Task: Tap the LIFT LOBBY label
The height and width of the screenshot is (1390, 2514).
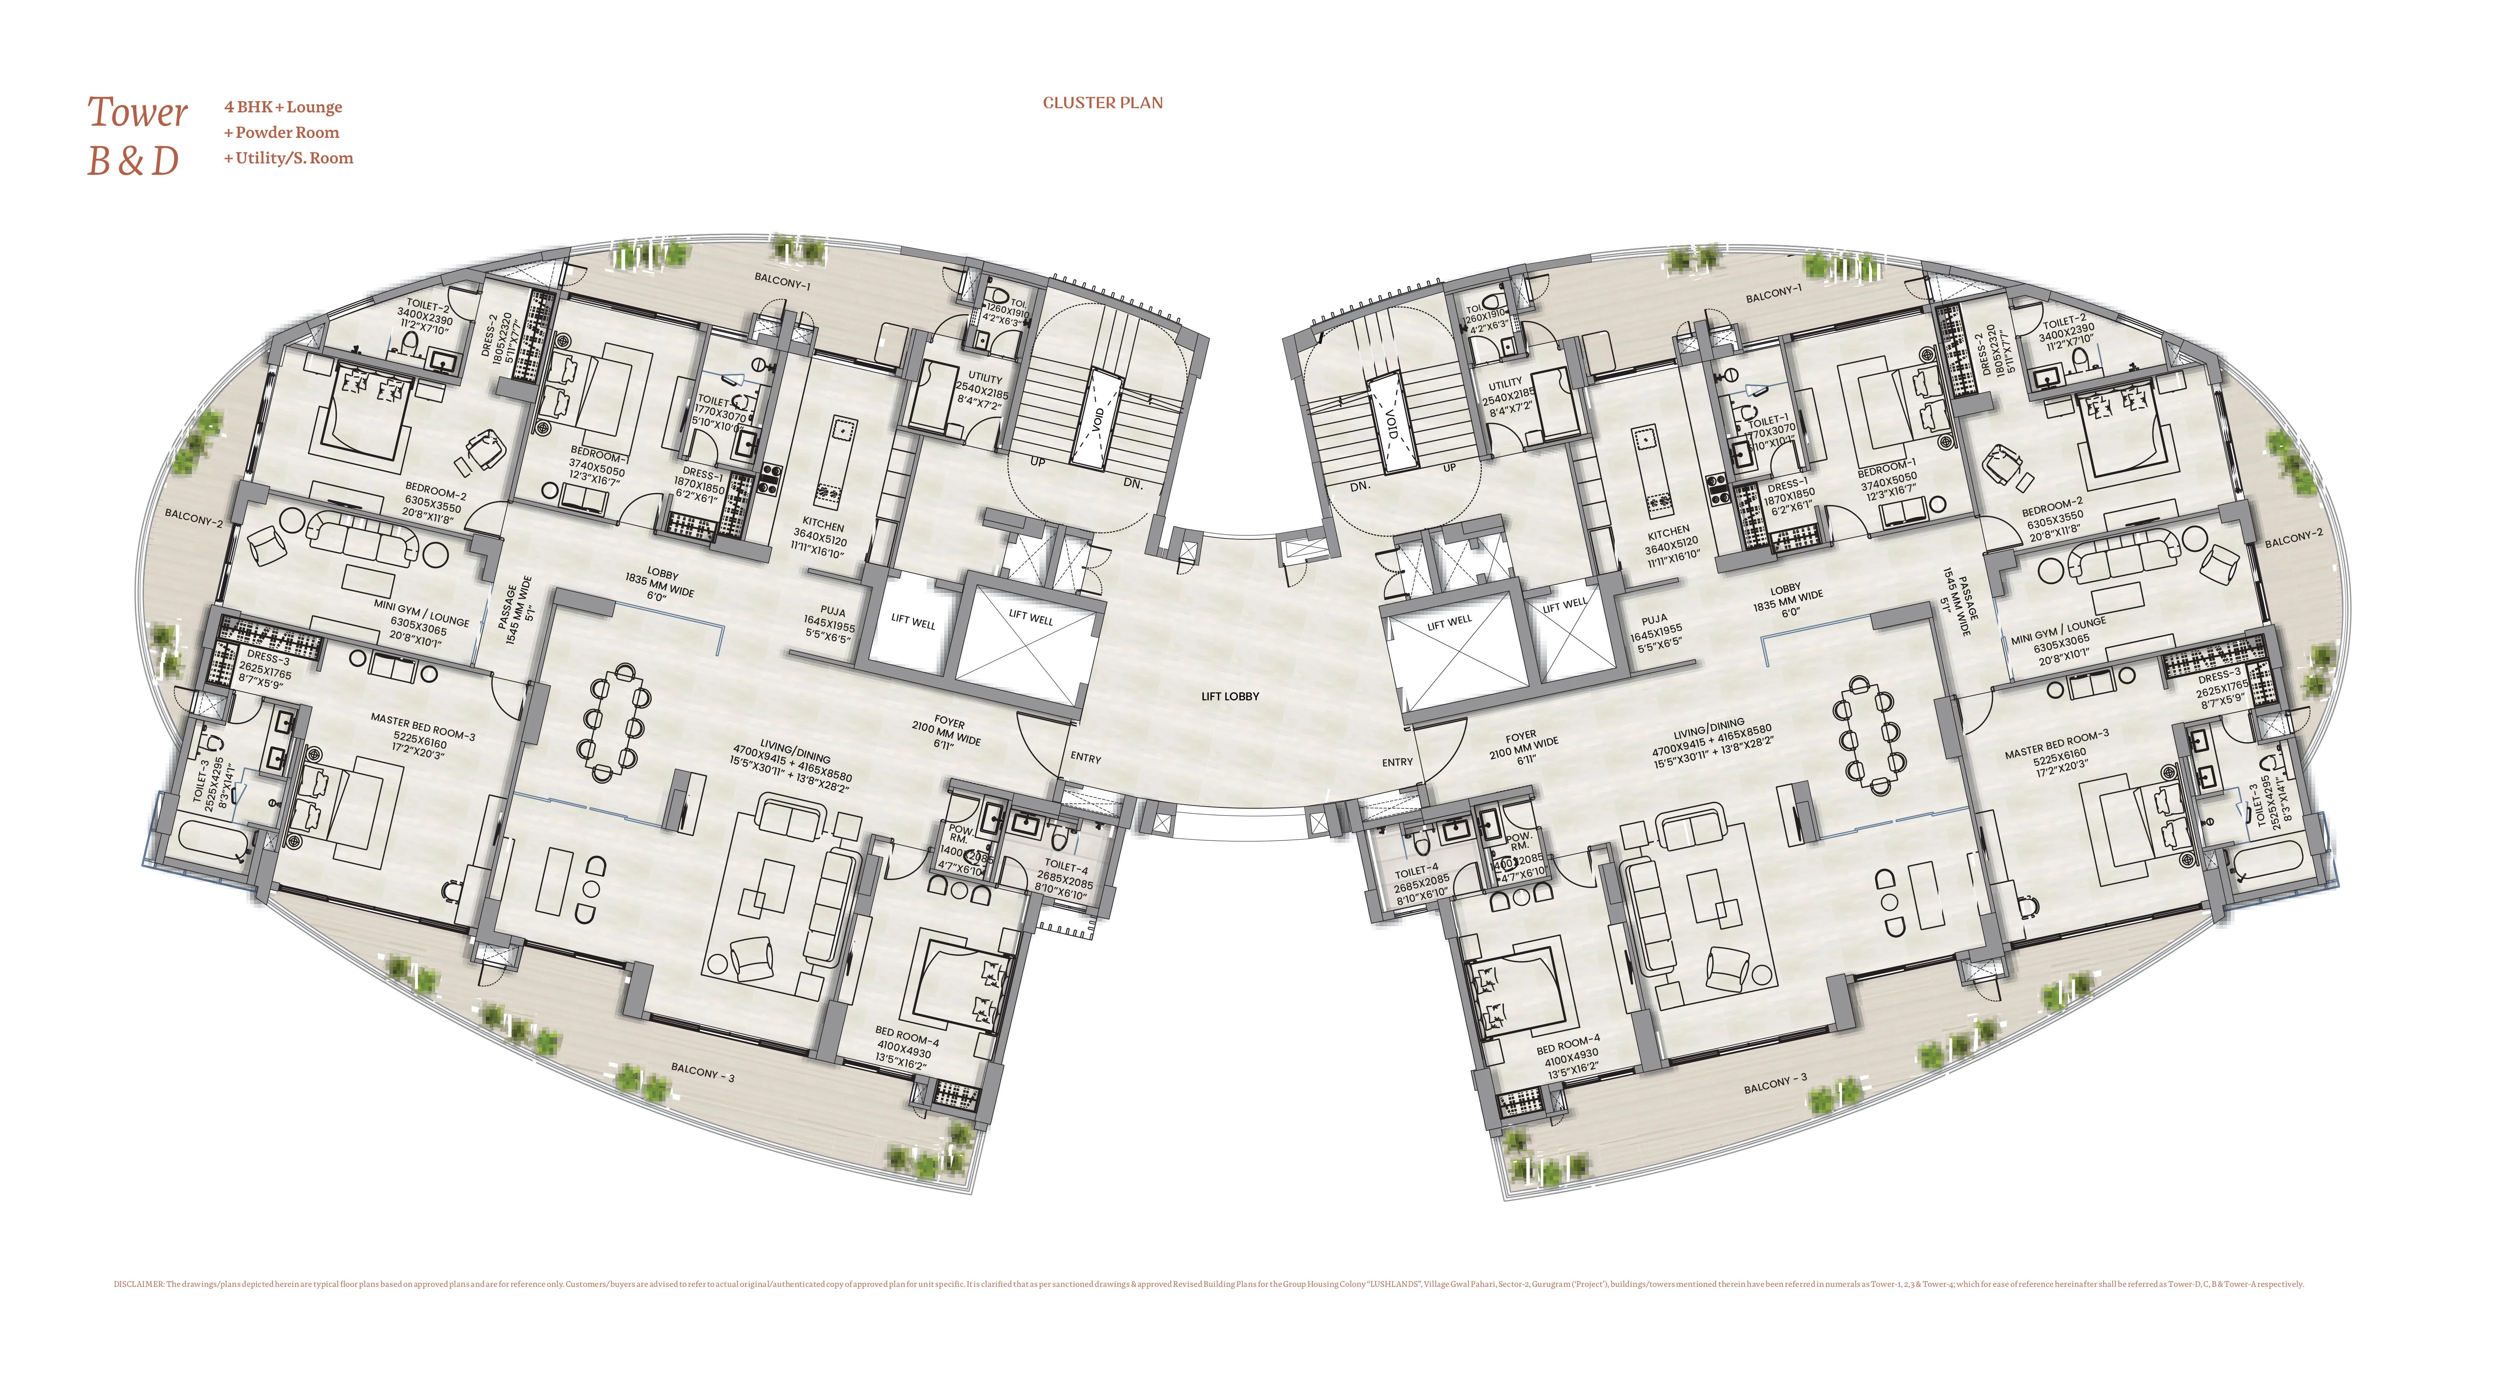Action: [1230, 696]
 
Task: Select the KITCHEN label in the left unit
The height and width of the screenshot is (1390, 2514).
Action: [823, 525]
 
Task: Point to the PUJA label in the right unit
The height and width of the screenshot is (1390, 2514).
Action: [1654, 620]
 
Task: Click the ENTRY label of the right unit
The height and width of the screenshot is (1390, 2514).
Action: [1397, 762]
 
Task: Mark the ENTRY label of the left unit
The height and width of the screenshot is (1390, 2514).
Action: [1085, 757]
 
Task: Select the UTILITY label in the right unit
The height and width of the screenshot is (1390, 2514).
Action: [1505, 383]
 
